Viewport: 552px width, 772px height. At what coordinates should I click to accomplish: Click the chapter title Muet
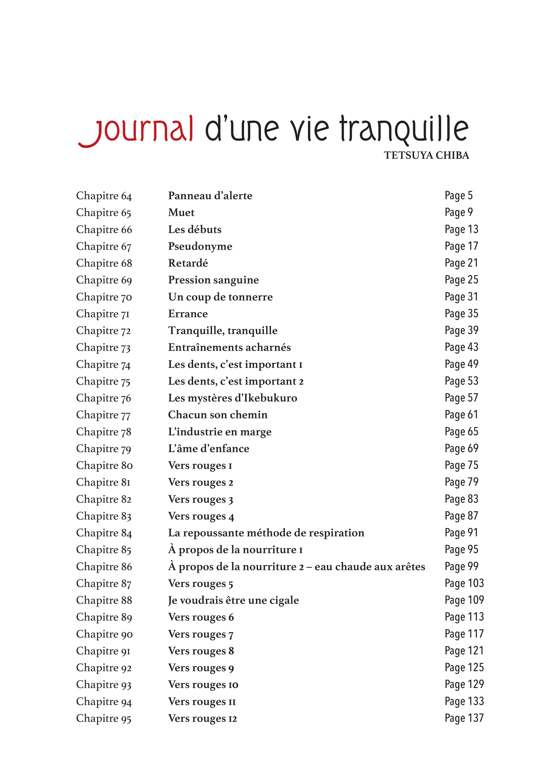pos(181,212)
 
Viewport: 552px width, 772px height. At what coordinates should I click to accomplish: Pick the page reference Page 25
pos(461,280)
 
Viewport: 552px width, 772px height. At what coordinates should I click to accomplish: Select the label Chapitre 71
pos(103,314)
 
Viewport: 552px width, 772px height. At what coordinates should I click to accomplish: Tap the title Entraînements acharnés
pos(229,347)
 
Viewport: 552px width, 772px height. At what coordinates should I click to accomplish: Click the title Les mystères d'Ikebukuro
pos(233,398)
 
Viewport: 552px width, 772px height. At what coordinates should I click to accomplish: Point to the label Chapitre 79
pos(103,449)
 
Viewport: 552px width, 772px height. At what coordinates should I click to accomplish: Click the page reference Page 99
pos(461,566)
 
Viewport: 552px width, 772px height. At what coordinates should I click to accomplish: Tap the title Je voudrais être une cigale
pos(233,600)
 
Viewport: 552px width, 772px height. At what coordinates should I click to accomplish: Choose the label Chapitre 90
pos(104,634)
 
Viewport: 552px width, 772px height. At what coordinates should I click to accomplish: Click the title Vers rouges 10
pos(203,685)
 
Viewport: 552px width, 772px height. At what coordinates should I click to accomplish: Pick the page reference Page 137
pos(464,718)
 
